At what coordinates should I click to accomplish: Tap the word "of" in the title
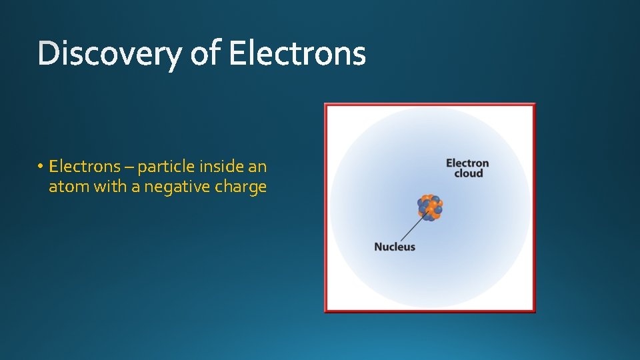click(x=205, y=55)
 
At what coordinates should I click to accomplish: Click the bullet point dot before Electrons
click(x=41, y=166)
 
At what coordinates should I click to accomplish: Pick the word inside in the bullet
click(x=217, y=165)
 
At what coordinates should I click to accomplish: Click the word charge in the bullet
click(x=241, y=187)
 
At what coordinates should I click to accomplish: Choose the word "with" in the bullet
click(x=110, y=187)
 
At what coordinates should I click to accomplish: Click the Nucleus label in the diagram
click(x=395, y=247)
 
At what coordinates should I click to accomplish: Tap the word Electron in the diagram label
click(x=467, y=163)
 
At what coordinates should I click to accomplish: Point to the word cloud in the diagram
click(x=468, y=173)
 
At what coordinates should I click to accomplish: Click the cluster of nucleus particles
click(x=430, y=207)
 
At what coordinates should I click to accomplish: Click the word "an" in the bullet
click(x=257, y=165)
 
